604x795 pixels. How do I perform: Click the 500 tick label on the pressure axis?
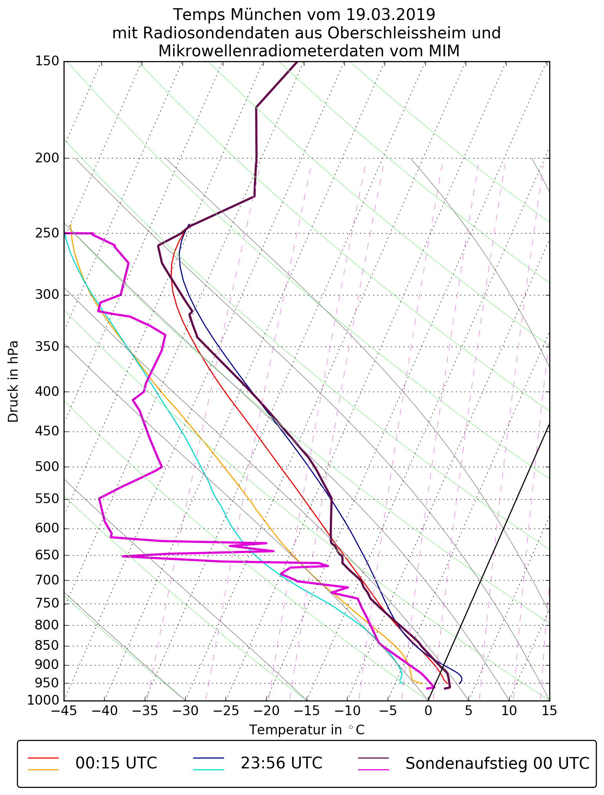click(x=47, y=467)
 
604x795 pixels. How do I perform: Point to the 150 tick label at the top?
click(x=47, y=61)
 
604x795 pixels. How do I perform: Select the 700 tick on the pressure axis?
click(x=47, y=581)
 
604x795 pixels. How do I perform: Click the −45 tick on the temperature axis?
click(x=64, y=710)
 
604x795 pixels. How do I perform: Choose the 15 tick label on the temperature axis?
click(x=549, y=710)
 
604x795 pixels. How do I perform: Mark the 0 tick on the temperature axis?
click(x=428, y=710)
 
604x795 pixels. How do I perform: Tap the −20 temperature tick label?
click(x=266, y=710)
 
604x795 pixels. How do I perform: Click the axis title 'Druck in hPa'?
click(x=13, y=381)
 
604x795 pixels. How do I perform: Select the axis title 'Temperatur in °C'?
click(x=307, y=730)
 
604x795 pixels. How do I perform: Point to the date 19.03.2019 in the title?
click(x=391, y=15)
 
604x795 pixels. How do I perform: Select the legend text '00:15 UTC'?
click(x=116, y=763)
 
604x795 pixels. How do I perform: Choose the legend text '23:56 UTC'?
click(x=282, y=763)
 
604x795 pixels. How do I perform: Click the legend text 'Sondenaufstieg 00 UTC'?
click(x=497, y=763)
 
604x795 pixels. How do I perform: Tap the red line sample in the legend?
click(x=43, y=757)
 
